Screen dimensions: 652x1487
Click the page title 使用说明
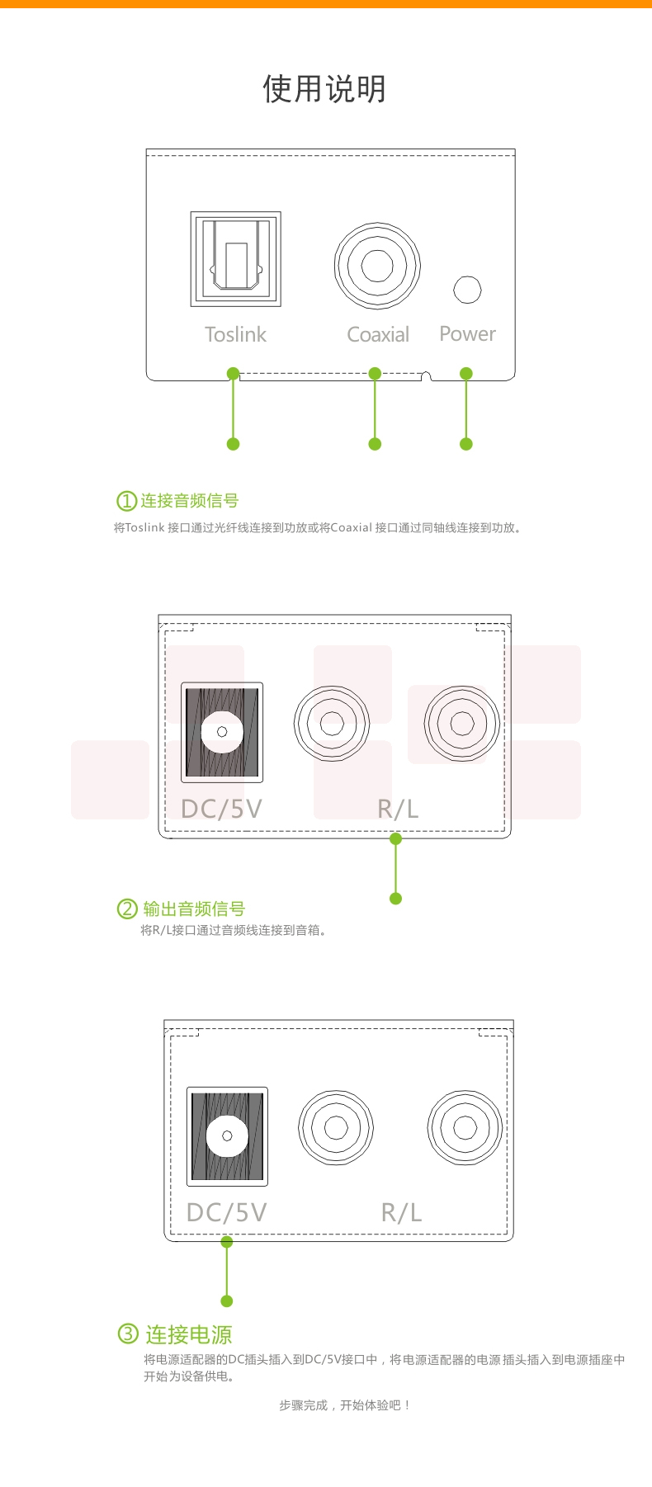324,88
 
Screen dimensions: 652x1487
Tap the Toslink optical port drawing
236,259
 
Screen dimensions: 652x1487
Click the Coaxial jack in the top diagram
377,266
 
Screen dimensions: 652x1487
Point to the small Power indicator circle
467,290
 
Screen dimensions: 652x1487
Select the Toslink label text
235,334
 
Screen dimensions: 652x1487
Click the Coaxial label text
378,334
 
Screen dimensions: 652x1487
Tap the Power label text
467,333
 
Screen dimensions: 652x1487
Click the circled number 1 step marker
126,501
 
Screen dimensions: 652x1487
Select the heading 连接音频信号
190,501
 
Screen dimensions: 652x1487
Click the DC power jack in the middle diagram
222,732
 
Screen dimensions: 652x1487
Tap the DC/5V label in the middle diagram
221,809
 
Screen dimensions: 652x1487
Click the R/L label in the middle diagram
398,809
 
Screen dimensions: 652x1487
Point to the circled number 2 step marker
126,909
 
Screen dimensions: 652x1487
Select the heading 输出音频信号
194,909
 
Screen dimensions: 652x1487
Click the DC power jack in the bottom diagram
227,1136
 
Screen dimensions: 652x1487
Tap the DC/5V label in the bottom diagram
226,1212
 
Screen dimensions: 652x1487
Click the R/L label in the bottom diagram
401,1212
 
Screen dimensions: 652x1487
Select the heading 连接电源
189,1334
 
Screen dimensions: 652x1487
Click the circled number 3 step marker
128,1334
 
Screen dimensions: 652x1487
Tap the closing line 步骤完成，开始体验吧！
345,1404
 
